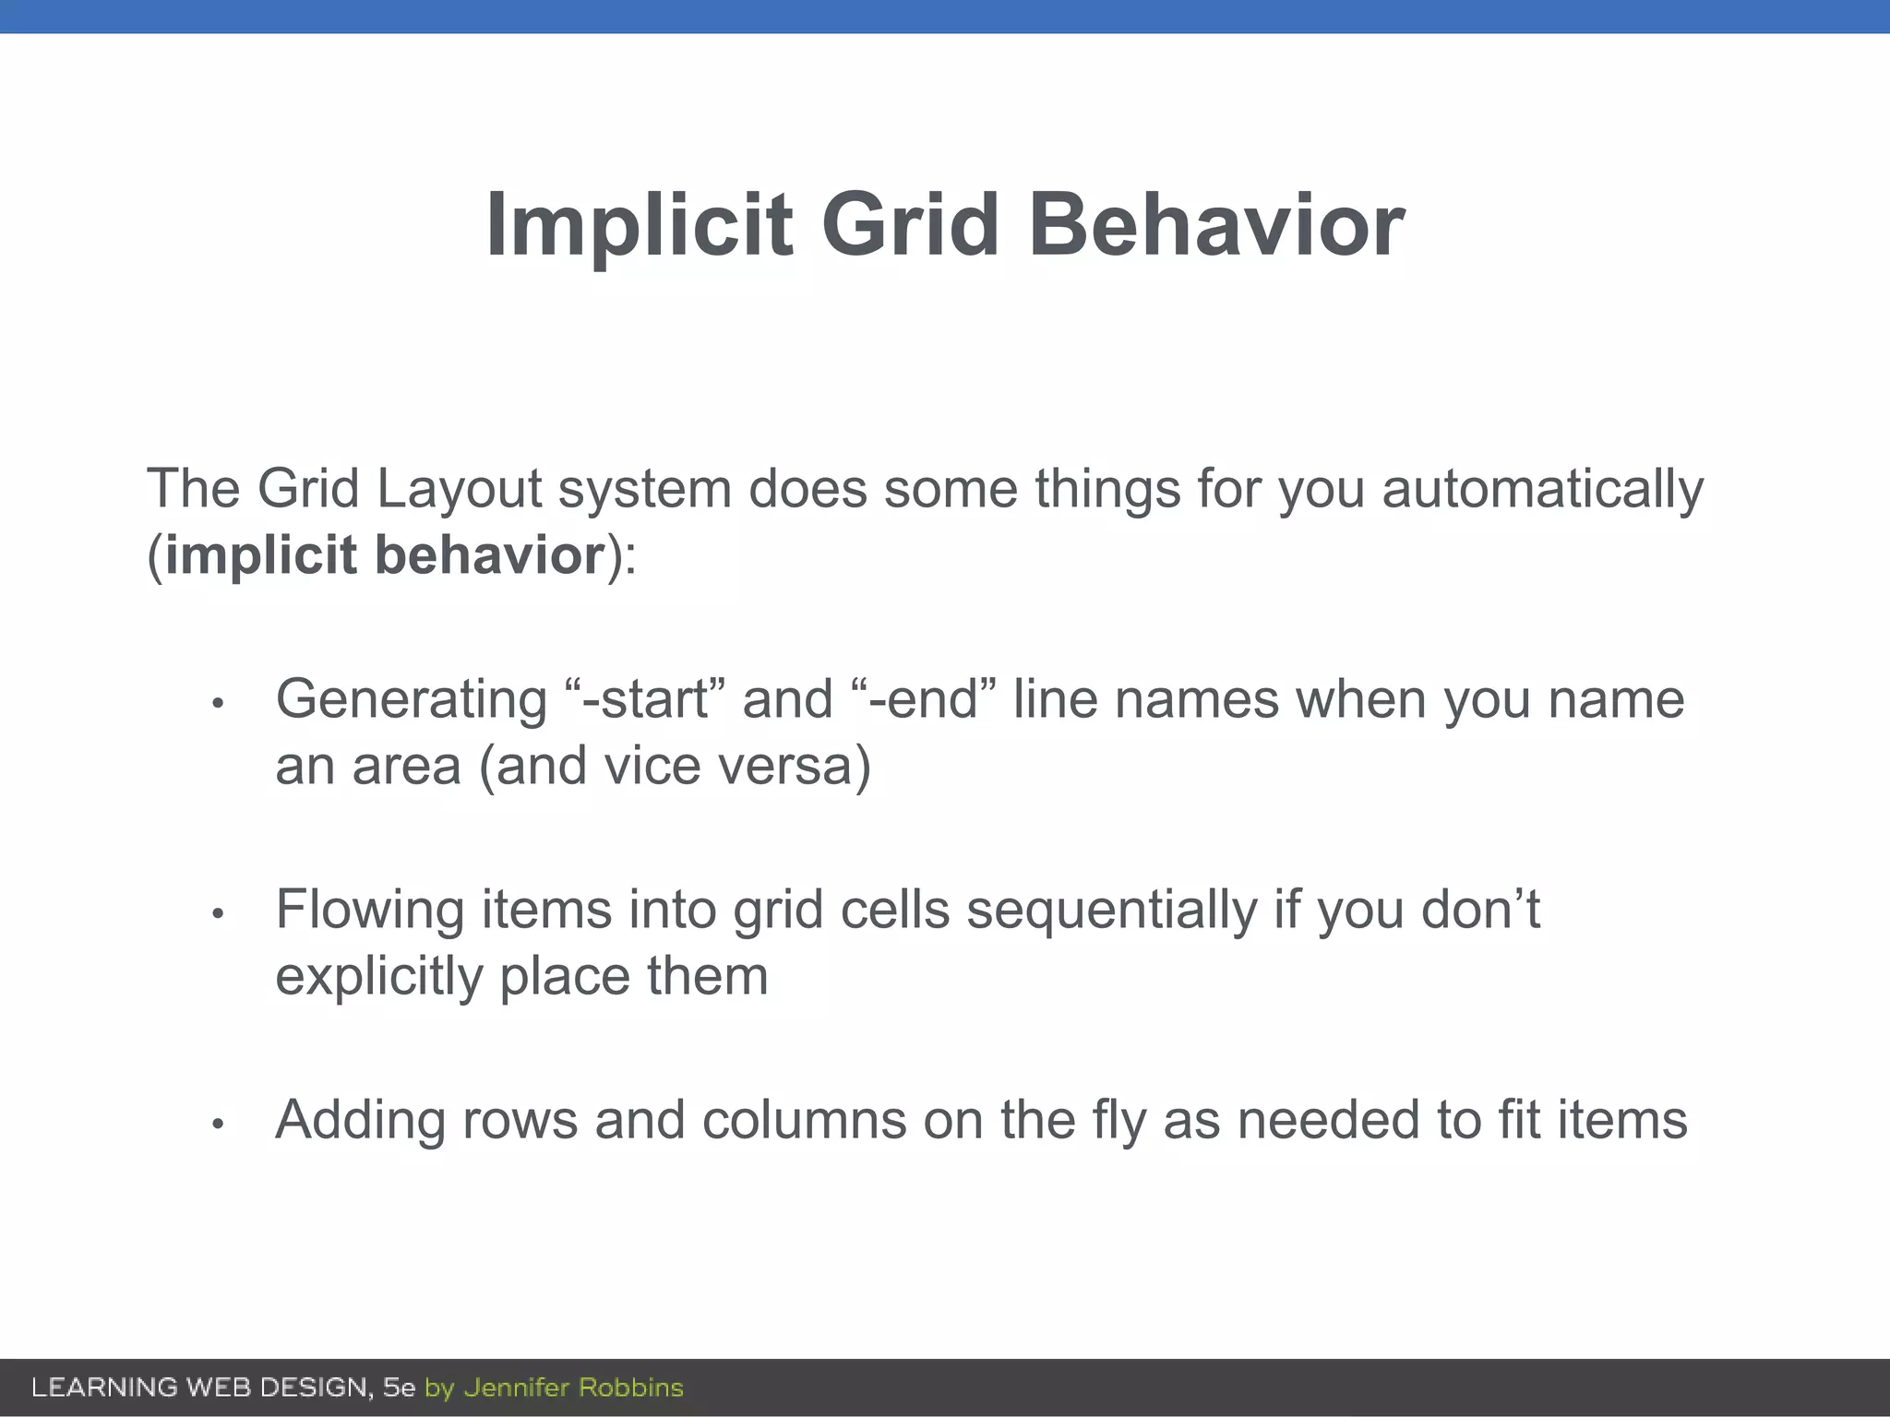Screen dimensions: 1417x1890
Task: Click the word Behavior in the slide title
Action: (x=1216, y=225)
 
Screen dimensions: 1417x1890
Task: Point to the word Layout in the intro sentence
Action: (x=459, y=488)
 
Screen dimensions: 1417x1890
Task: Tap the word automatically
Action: (x=1542, y=488)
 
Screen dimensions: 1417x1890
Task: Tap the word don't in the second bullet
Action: (x=1480, y=910)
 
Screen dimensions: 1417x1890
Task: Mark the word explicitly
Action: (x=379, y=976)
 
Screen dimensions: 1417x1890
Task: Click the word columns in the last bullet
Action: (x=804, y=1120)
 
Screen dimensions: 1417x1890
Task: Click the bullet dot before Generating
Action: (x=218, y=704)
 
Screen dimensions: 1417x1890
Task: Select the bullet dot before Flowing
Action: (x=218, y=914)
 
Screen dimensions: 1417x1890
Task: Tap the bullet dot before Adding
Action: (x=218, y=1125)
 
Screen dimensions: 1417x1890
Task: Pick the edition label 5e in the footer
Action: (x=400, y=1387)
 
